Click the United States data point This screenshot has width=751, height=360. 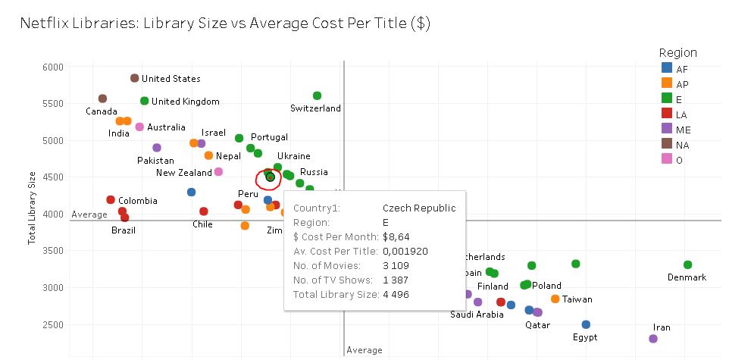click(x=135, y=78)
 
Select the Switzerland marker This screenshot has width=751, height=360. click(x=317, y=95)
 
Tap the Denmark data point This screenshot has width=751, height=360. click(x=687, y=265)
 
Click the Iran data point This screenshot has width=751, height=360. click(x=653, y=339)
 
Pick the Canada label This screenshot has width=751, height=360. click(x=101, y=111)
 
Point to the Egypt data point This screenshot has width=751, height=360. click(x=586, y=324)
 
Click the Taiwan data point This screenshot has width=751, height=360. click(x=555, y=299)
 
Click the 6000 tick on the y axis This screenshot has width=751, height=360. click(x=53, y=67)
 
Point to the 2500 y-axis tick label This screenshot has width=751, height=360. click(x=53, y=324)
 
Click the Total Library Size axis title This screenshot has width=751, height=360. click(x=32, y=208)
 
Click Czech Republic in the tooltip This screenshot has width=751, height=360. click(x=419, y=208)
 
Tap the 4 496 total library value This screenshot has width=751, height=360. click(x=396, y=295)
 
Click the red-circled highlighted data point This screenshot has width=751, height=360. click(x=270, y=177)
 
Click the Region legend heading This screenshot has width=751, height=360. click(x=678, y=53)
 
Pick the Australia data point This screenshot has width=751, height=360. click(x=139, y=127)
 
